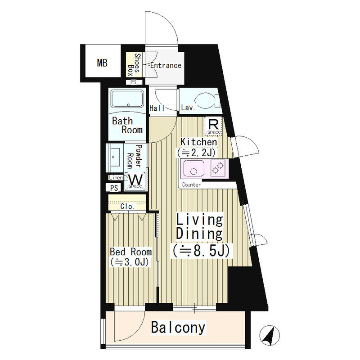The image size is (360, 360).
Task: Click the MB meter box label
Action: [102, 63]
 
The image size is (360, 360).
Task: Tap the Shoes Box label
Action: [134, 65]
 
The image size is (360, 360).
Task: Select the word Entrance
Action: [166, 65]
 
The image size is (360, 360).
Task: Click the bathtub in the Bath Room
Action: [127, 99]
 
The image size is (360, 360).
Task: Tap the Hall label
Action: [157, 108]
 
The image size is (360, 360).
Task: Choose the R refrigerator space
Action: [213, 126]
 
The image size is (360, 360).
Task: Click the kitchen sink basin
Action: [193, 168]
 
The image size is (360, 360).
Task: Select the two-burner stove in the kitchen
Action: [218, 167]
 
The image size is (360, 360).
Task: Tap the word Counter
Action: [191, 184]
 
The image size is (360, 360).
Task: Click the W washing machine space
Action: [135, 181]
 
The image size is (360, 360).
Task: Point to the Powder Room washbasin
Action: [115, 157]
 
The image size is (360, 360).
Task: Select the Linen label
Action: [116, 177]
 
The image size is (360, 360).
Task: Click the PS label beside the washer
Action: [114, 188]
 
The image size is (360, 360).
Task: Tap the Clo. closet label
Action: [127, 207]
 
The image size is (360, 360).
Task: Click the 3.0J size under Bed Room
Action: [130, 262]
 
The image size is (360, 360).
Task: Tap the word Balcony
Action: [178, 328]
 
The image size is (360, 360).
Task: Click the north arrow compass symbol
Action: [270, 335]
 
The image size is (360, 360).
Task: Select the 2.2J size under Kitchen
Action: [196, 153]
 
